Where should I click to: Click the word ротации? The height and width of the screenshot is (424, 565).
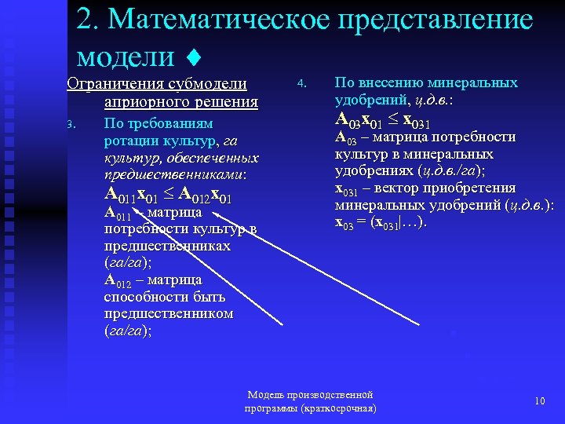point(131,141)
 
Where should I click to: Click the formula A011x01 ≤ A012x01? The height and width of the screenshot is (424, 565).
point(168,195)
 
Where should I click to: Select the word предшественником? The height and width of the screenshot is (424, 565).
point(169,313)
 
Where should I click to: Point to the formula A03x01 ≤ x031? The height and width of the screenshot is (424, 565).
point(382,119)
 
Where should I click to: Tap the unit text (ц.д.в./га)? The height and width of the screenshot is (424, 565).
point(451,171)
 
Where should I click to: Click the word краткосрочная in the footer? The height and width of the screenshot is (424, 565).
point(337,409)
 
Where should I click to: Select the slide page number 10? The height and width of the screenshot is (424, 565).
point(539,401)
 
